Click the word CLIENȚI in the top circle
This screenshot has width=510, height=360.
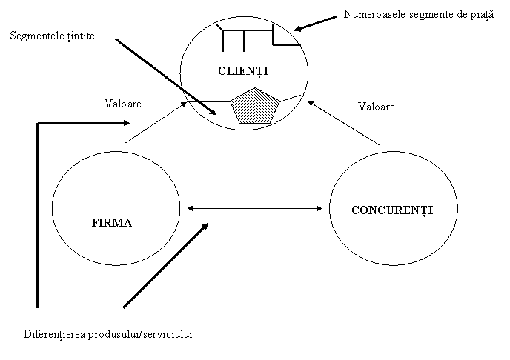(242, 71)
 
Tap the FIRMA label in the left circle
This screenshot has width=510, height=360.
(111, 222)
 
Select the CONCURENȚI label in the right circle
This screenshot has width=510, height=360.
(391, 210)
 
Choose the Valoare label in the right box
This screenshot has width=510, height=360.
(376, 107)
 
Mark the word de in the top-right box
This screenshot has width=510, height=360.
(452, 14)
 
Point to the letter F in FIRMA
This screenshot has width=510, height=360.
(94, 222)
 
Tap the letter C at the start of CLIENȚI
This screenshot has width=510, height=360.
(221, 71)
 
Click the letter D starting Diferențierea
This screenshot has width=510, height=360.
(27, 333)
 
